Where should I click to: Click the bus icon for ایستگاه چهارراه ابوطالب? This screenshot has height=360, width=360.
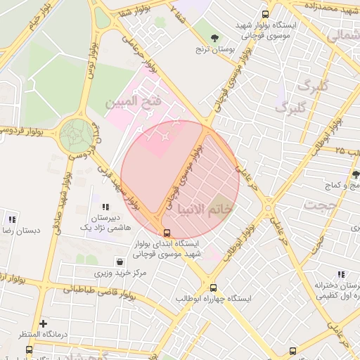(x=214, y=288)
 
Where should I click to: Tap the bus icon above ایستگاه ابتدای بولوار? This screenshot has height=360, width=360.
(x=167, y=233)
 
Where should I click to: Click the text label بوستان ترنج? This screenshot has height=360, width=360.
(x=214, y=51)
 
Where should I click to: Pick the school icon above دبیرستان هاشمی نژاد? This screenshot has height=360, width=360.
(x=105, y=207)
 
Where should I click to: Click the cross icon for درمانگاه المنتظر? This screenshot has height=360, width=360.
(x=44, y=324)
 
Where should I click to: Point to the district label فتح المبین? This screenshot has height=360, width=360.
(x=134, y=103)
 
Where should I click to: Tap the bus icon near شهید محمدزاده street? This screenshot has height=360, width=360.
(x=265, y=13)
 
